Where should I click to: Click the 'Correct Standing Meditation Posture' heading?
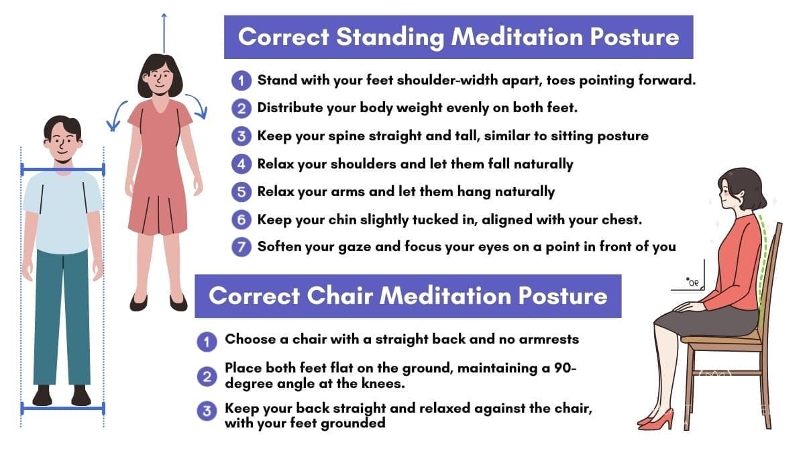click(x=458, y=36)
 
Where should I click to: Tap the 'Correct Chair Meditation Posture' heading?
click(x=408, y=295)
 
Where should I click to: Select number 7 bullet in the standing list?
click(x=241, y=246)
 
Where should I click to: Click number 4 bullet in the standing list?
click(x=241, y=164)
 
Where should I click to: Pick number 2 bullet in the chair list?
click(x=207, y=376)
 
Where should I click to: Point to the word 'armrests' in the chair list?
click(x=551, y=339)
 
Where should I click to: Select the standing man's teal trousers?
click(x=62, y=315)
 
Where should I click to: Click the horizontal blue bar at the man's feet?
click(x=62, y=407)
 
